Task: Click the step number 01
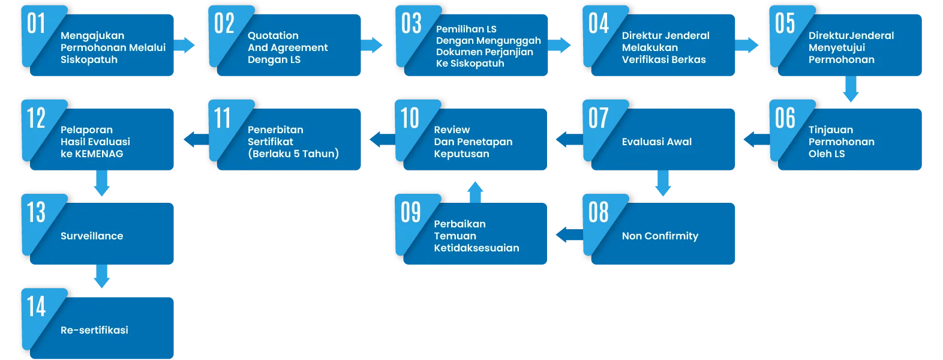click(36, 24)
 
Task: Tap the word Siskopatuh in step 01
click(89, 60)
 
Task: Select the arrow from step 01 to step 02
click(185, 44)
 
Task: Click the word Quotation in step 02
click(273, 36)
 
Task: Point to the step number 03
click(411, 24)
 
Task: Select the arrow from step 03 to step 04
click(560, 44)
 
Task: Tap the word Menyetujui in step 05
click(837, 48)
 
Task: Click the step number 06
click(785, 118)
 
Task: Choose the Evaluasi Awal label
click(657, 142)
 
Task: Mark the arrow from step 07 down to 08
click(662, 184)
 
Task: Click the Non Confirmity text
click(660, 236)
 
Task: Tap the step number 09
click(411, 212)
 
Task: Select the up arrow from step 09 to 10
click(475, 190)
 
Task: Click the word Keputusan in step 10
click(461, 154)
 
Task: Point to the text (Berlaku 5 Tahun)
click(293, 154)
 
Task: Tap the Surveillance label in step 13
click(92, 236)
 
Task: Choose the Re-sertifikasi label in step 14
click(94, 331)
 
